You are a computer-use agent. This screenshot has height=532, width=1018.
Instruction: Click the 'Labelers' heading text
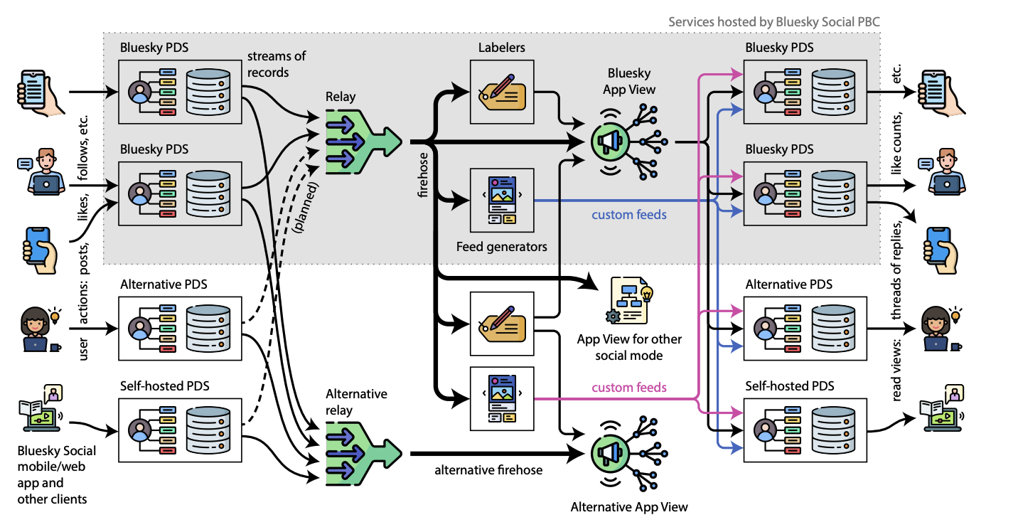(x=501, y=47)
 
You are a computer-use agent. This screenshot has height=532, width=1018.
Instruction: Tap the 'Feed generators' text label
(x=501, y=247)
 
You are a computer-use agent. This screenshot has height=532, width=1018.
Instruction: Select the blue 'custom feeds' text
(x=629, y=214)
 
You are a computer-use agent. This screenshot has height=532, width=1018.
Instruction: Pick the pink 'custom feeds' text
(x=629, y=388)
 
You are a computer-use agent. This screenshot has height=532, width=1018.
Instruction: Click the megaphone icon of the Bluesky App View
(x=611, y=142)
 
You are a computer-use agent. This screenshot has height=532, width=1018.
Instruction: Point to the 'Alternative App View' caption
(x=629, y=506)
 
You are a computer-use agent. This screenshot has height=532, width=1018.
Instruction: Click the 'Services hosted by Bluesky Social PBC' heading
(x=773, y=21)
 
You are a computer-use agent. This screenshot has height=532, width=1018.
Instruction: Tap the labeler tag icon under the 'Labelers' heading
(x=501, y=91)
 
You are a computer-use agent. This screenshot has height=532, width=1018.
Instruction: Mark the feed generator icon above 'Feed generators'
(x=501, y=199)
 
